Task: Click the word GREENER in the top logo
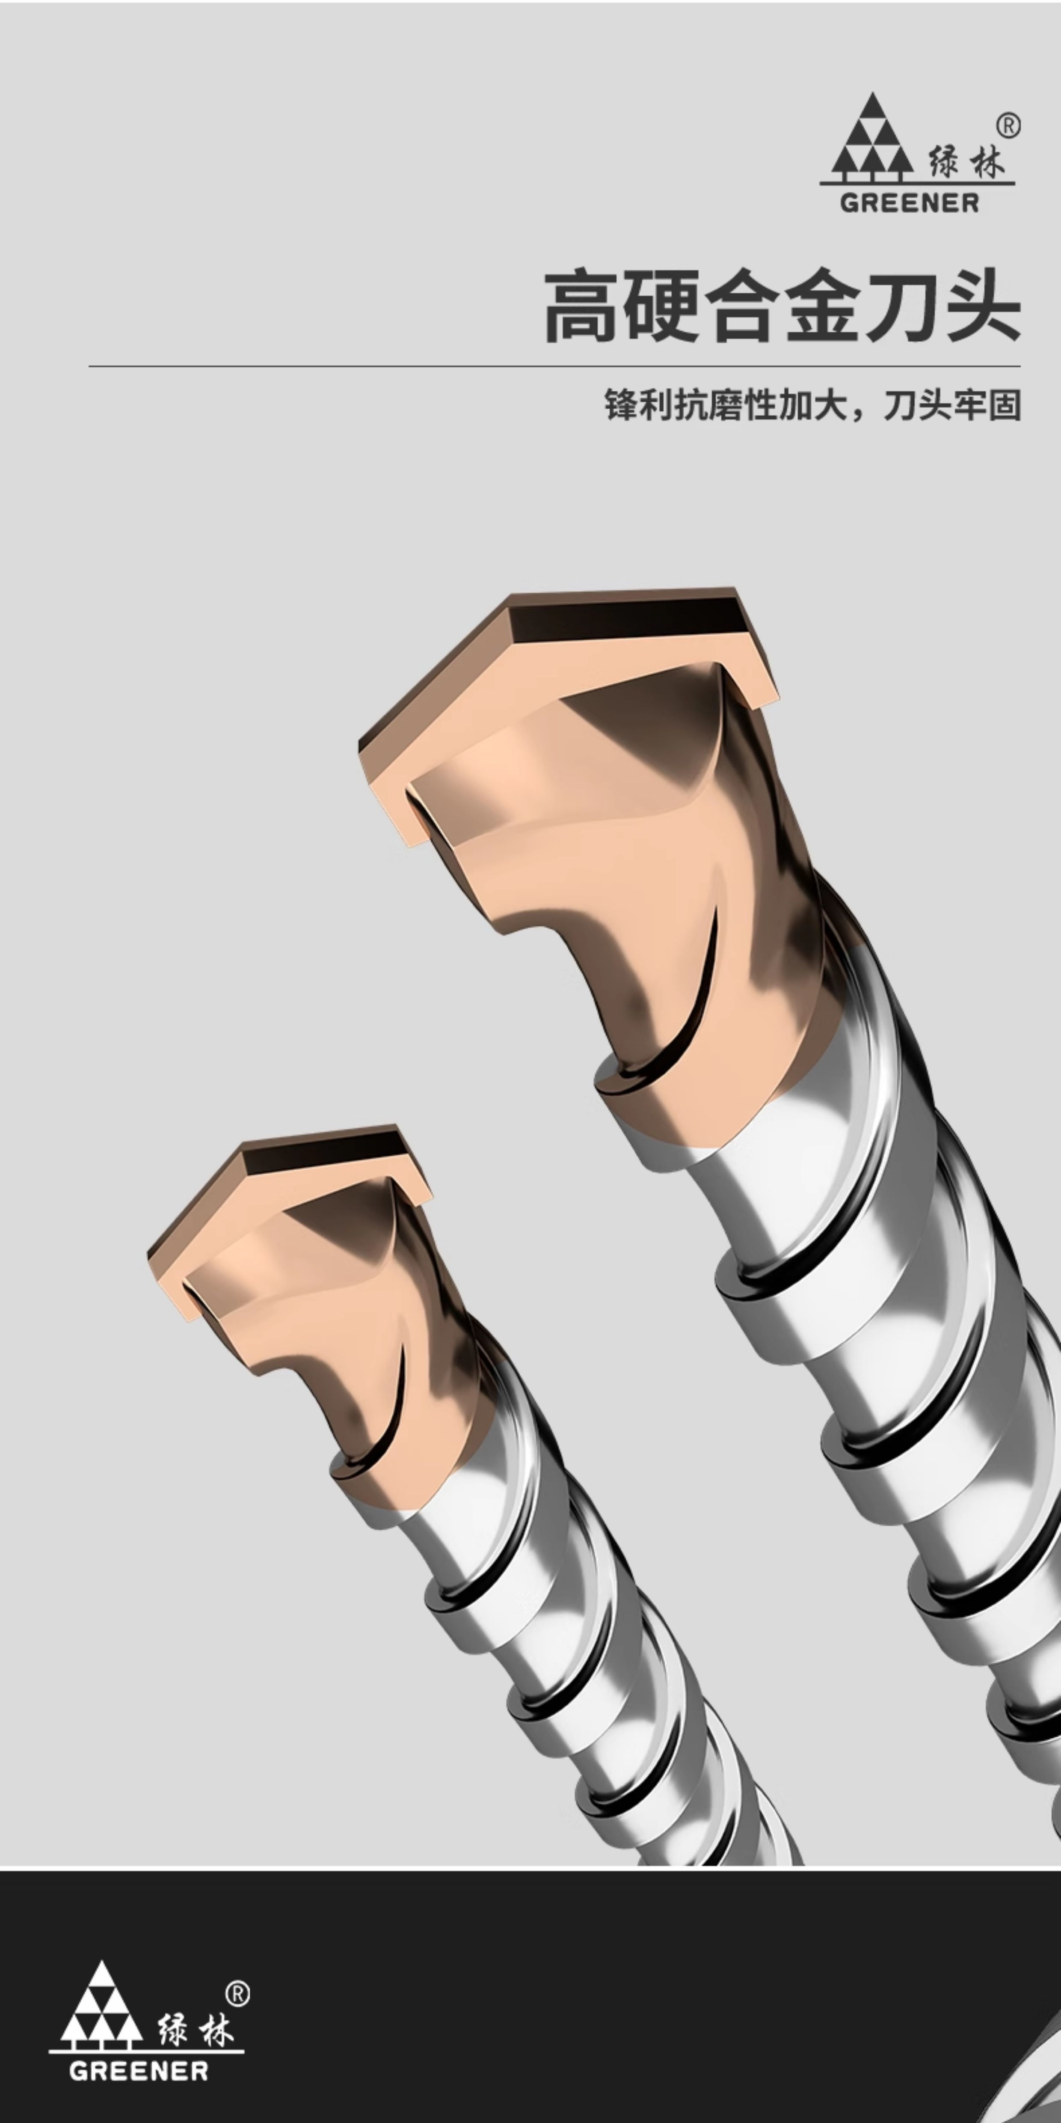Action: [x=910, y=203]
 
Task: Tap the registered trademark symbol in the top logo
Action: [x=1008, y=126]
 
